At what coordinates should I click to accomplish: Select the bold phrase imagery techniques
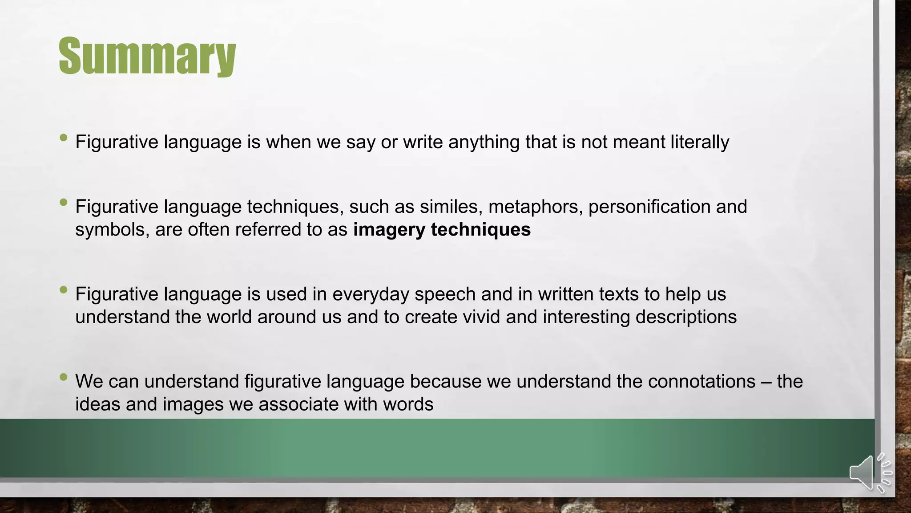click(442, 230)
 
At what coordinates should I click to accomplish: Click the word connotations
click(701, 382)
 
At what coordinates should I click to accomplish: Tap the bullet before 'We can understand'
click(63, 377)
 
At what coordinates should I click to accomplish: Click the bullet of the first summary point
click(63, 138)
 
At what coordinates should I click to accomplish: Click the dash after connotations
click(766, 382)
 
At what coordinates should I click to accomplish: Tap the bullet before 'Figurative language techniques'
click(63, 203)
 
